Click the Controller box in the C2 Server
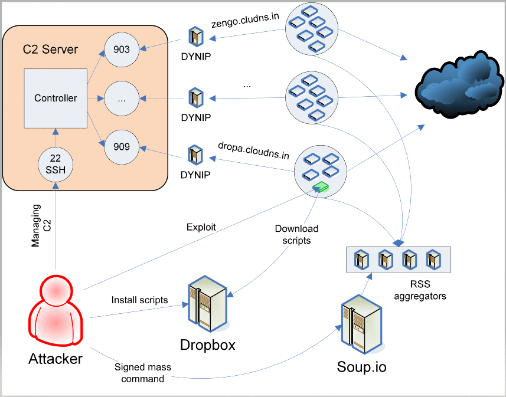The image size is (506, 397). [56, 99]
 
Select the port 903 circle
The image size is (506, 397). [122, 49]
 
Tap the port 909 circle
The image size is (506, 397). [122, 146]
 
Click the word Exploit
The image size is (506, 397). [201, 227]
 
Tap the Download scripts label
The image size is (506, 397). [296, 234]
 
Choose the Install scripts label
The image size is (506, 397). [139, 300]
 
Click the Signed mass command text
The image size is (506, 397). [143, 373]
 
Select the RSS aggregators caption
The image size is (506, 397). [420, 290]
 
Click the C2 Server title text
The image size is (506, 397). [50, 49]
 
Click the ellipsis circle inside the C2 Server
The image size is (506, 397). [122, 99]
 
